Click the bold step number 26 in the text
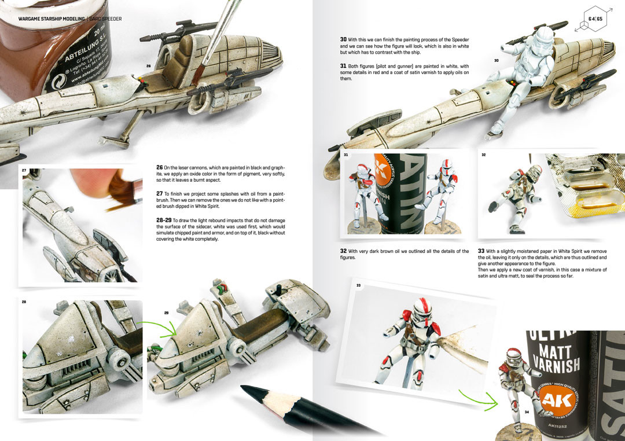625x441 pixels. (160, 167)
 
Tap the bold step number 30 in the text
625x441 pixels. (344, 39)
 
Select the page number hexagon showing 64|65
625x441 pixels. (595, 19)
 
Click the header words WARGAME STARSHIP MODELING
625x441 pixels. (52, 19)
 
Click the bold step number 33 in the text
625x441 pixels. (481, 251)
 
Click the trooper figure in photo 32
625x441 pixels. (510, 197)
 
